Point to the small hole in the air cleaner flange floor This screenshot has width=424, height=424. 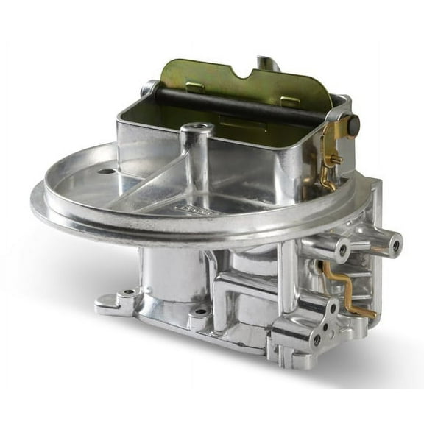(x=106, y=172)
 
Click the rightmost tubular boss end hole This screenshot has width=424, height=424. (x=396, y=243)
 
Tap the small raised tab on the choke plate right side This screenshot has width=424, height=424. (x=291, y=101)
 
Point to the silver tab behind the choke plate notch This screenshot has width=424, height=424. (x=266, y=63)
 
